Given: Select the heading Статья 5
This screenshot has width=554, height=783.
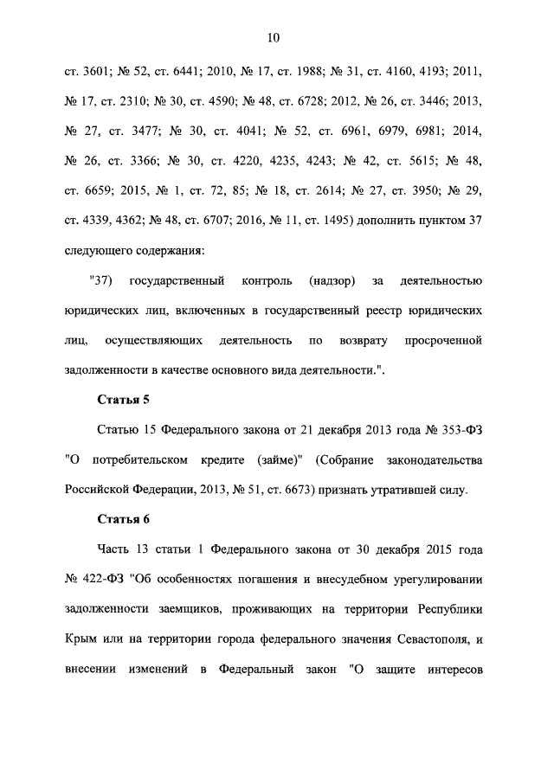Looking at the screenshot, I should click(119, 401).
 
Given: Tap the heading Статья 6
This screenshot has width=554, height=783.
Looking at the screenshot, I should click(119, 518).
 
